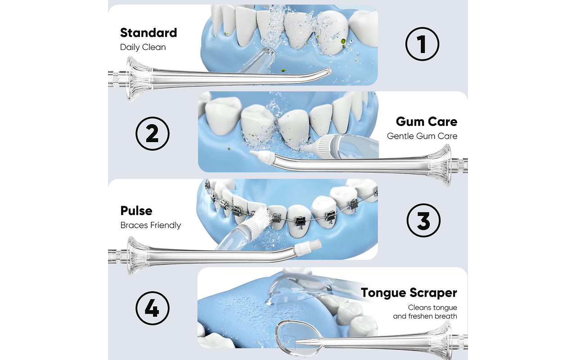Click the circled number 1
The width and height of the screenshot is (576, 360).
[422, 44]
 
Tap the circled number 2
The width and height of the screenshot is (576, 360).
[153, 134]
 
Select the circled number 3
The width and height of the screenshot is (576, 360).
[423, 220]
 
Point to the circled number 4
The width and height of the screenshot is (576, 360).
[153, 308]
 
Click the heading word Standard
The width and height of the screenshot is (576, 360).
[148, 33]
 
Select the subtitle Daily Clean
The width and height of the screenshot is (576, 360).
[143, 47]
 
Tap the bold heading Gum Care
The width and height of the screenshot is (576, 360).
[427, 121]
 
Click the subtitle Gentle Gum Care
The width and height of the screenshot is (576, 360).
[422, 136]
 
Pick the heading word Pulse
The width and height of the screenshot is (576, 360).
[136, 211]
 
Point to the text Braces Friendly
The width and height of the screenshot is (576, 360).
[150, 225]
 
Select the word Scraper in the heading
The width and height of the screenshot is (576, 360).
[433, 293]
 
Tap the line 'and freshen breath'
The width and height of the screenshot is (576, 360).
[425, 316]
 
